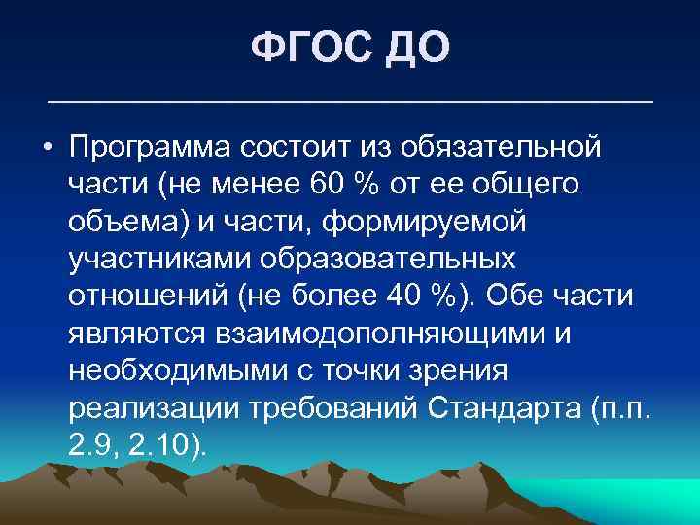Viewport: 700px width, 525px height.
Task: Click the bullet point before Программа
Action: coord(47,150)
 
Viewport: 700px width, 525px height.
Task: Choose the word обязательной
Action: coord(507,150)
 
